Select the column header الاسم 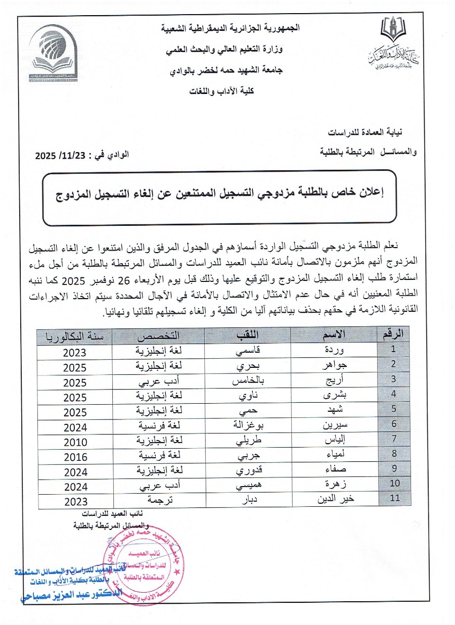coord(334,334)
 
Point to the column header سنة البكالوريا coord(74,335)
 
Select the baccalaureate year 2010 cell coord(75,442)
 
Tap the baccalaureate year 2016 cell coord(75,457)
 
